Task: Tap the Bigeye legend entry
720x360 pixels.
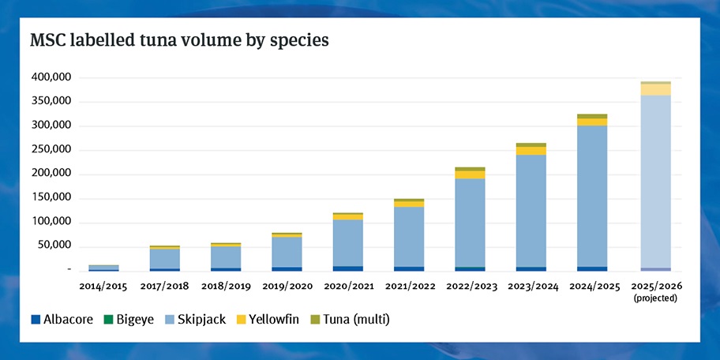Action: coord(131,319)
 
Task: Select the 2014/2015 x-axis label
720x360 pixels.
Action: coord(103,284)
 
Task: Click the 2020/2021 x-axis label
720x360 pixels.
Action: coord(347,284)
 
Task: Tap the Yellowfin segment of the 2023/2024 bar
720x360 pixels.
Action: coord(531,151)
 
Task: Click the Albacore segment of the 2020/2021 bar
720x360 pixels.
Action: coord(347,268)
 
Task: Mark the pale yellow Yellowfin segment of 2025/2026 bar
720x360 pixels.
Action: coord(654,90)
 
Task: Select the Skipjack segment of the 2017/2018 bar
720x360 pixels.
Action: coord(164,259)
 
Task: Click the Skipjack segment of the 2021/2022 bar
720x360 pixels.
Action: coord(409,237)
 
